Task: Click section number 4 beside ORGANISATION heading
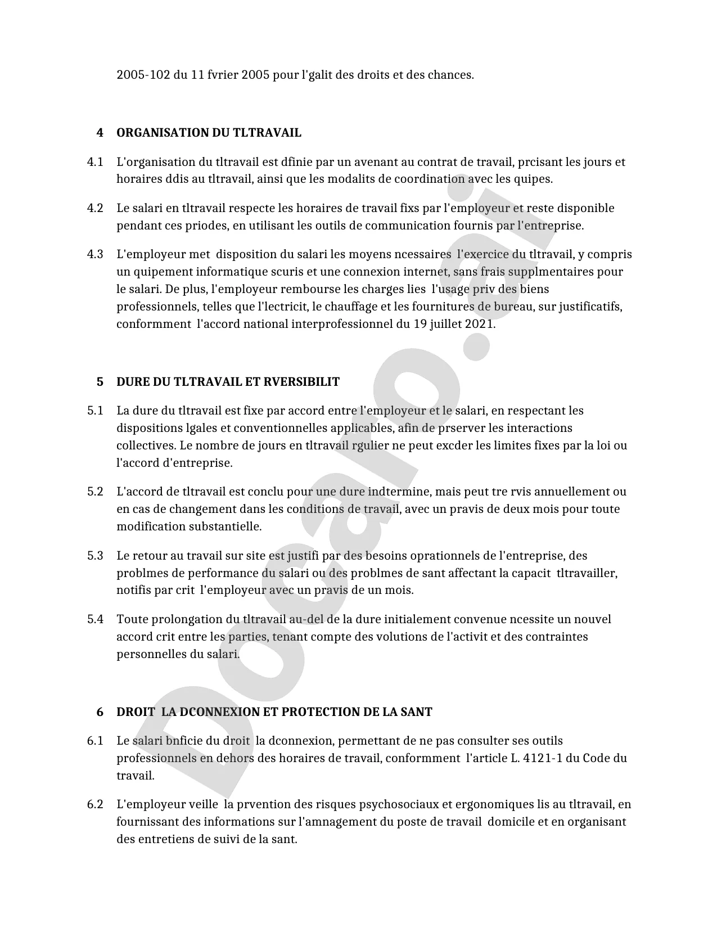(100, 133)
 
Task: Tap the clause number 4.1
(95, 162)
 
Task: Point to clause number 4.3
(95, 254)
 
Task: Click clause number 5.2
(95, 492)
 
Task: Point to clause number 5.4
(95, 619)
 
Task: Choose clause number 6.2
(95, 804)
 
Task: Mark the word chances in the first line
(449, 75)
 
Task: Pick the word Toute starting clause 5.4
(132, 619)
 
